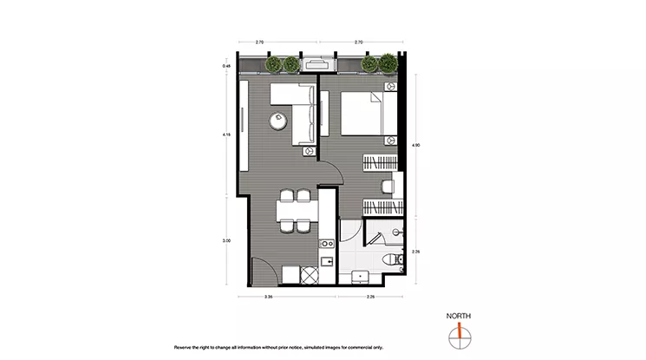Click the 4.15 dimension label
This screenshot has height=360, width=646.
tap(225, 134)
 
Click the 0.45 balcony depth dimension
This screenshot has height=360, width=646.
tap(225, 66)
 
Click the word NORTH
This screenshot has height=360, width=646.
tap(458, 316)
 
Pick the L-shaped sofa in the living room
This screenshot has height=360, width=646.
tap(299, 113)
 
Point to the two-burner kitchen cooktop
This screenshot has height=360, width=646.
tap(326, 245)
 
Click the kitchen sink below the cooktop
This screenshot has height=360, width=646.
tap(326, 261)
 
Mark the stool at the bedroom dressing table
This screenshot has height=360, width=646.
tap(388, 185)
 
